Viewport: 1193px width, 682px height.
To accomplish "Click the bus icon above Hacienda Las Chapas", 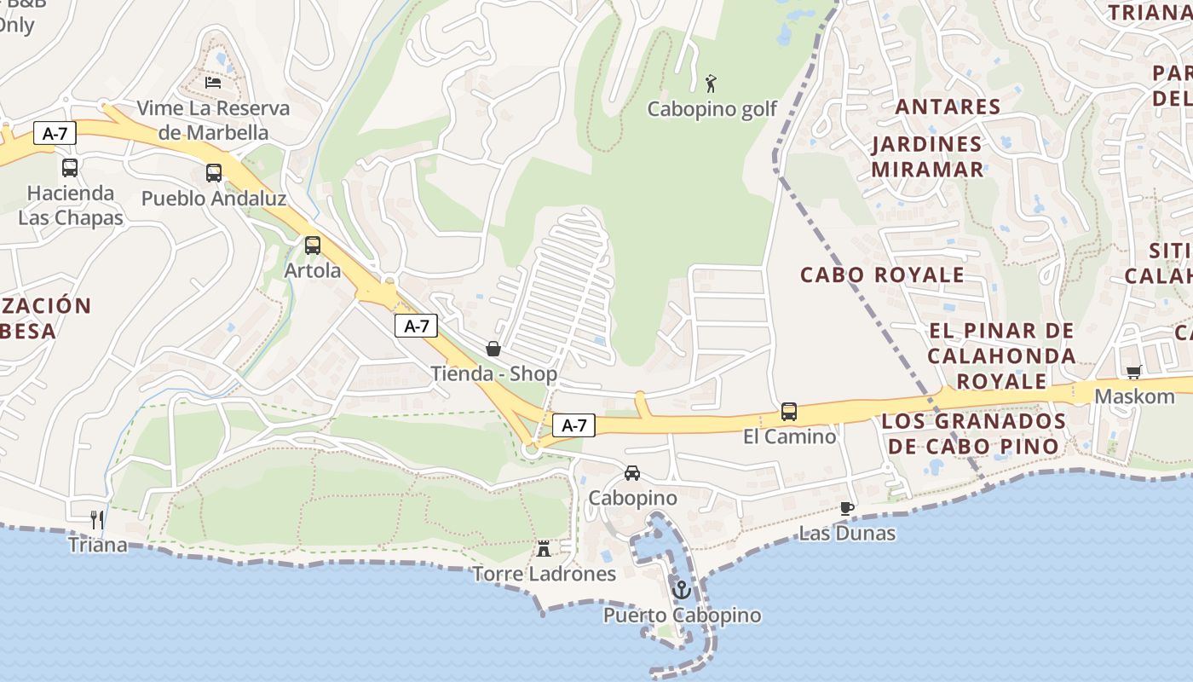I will [x=70, y=168].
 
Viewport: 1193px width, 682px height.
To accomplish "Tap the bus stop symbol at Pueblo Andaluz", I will [x=213, y=173].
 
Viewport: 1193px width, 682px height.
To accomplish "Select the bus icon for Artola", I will [x=313, y=246].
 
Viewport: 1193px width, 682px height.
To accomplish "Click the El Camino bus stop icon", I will [x=789, y=412].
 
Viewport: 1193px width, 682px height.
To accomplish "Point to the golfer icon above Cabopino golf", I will [x=712, y=84].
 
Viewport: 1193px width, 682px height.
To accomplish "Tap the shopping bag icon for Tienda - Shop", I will [x=493, y=349].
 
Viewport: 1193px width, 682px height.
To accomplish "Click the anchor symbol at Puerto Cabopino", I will [x=681, y=589].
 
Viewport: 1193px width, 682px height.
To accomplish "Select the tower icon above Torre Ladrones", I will [x=544, y=548].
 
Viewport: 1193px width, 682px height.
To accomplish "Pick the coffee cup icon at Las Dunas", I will [x=846, y=508].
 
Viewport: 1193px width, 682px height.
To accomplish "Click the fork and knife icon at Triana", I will [x=97, y=519].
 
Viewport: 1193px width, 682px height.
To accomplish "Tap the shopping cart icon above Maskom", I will [x=1133, y=372].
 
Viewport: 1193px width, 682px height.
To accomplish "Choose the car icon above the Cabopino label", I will [x=632, y=473].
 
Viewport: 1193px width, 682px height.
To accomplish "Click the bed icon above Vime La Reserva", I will [x=213, y=83].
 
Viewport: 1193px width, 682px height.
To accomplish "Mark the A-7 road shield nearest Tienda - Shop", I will [x=416, y=326].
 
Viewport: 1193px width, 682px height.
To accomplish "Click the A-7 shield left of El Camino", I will [x=573, y=425].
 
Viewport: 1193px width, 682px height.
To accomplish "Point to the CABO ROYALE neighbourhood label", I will [x=882, y=275].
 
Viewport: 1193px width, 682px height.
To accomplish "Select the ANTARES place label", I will [x=947, y=107].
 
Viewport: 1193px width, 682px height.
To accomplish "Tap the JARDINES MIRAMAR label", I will [x=927, y=157].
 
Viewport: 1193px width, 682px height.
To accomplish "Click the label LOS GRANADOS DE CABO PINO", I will [x=973, y=434].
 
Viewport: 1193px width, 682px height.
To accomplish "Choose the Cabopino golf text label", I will [x=712, y=109].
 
